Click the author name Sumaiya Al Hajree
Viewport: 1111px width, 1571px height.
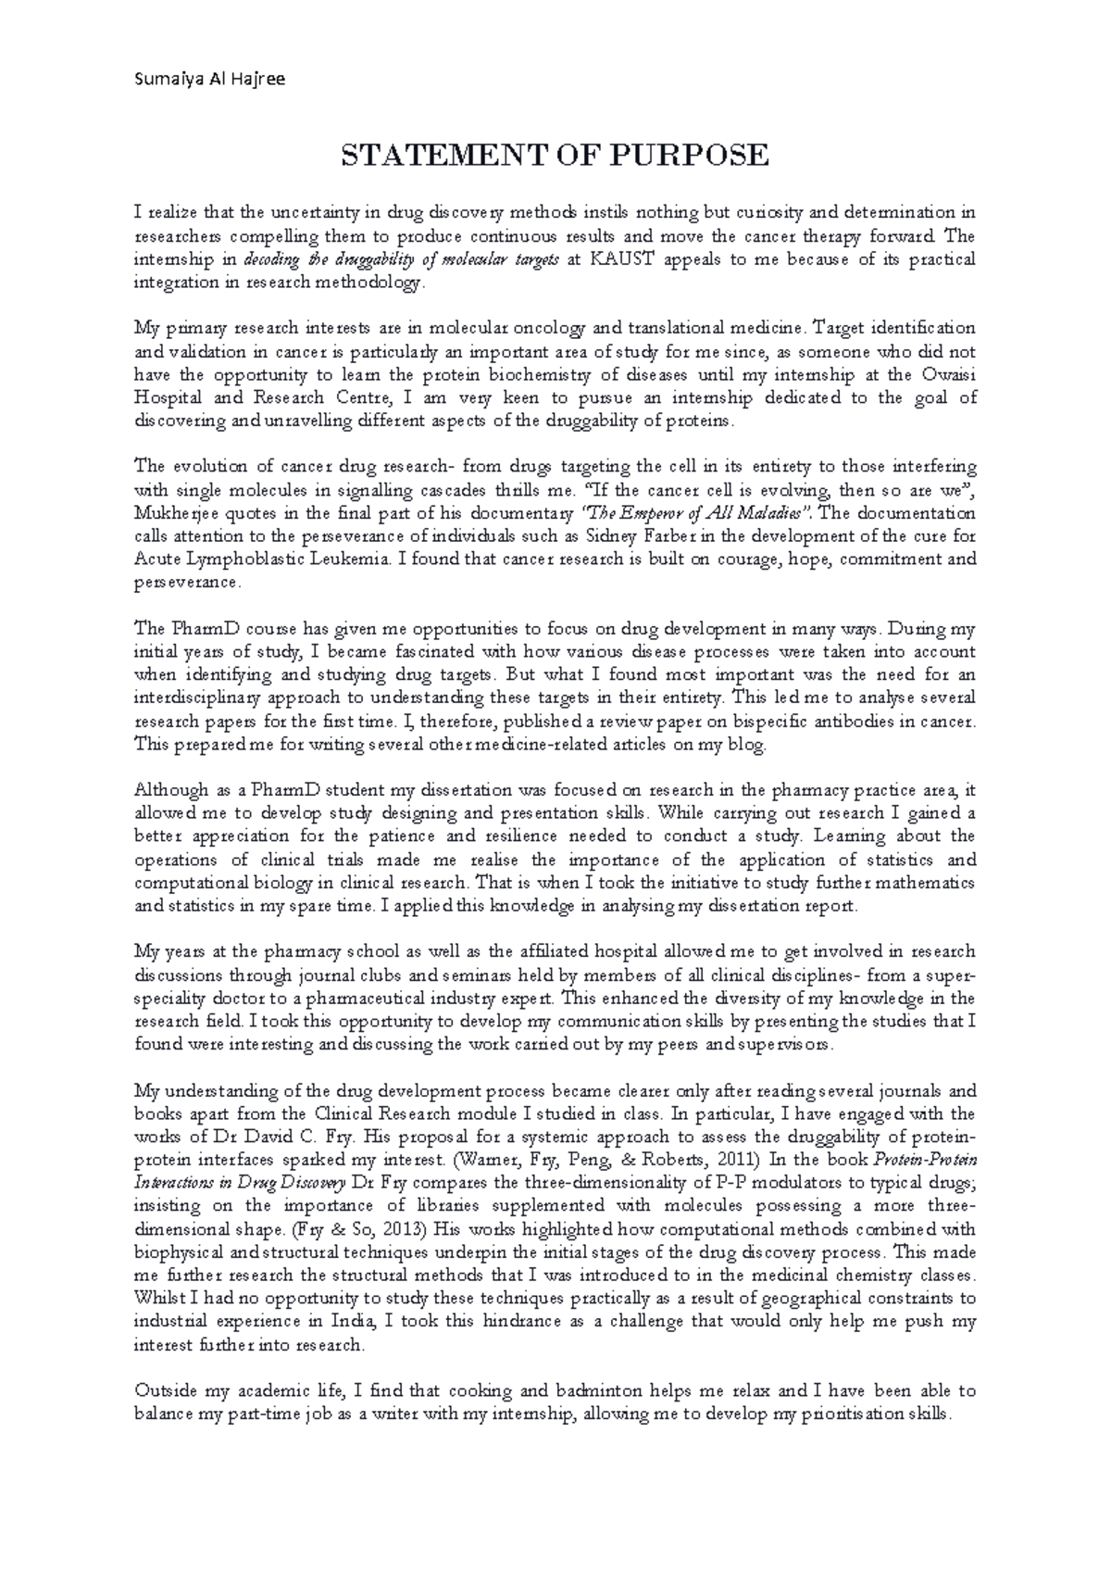tap(210, 79)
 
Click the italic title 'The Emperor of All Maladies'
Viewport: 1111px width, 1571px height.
tap(697, 513)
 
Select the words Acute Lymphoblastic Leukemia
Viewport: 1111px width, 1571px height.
tap(257, 559)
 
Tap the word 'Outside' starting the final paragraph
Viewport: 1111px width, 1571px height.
tap(162, 1390)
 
